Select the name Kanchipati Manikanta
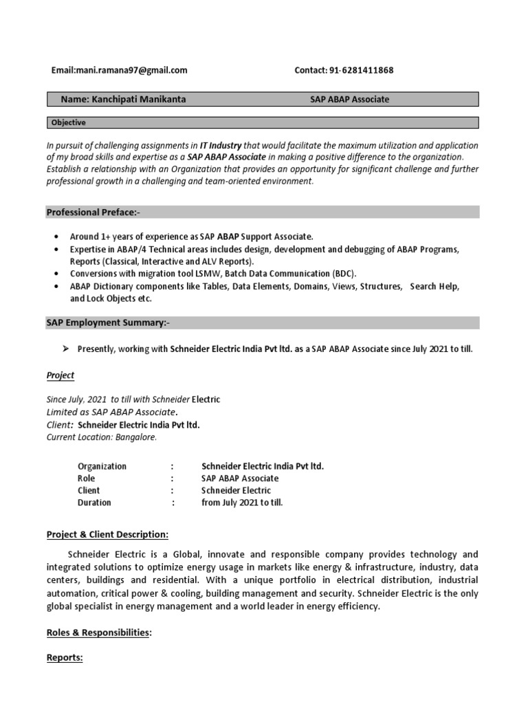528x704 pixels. pos(137,100)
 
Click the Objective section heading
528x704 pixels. pos(69,123)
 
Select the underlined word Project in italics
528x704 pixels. pos(60,375)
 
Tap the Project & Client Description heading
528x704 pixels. pos(107,534)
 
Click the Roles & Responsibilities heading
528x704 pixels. pos(98,632)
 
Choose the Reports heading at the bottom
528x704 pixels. pos(65,658)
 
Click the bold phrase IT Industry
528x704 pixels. pos(221,146)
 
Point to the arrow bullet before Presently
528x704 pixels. pos(66,349)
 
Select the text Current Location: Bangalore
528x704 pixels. pos(102,437)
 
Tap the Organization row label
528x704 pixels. pos(102,466)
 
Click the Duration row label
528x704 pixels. pos(94,503)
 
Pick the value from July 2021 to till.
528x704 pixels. pos(242,503)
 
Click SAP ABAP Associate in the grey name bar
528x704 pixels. pos(349,100)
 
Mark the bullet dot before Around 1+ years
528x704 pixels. pos(55,236)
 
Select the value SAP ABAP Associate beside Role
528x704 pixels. pos(240,478)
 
